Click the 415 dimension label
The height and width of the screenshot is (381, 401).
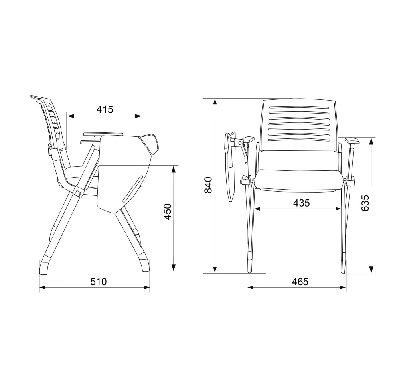pos(105,109)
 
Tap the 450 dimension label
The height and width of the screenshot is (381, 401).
pos(168,211)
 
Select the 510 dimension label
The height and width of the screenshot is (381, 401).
pos(99,282)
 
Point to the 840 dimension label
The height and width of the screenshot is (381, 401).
pos(208,185)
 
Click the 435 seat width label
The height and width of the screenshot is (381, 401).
pos(301,203)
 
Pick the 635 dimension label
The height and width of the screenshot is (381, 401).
pos(365,203)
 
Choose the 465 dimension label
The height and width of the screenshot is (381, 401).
pos(300,282)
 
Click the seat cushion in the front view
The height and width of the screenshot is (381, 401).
pos(298,180)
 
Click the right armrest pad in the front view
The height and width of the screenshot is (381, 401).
pos(352,140)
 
